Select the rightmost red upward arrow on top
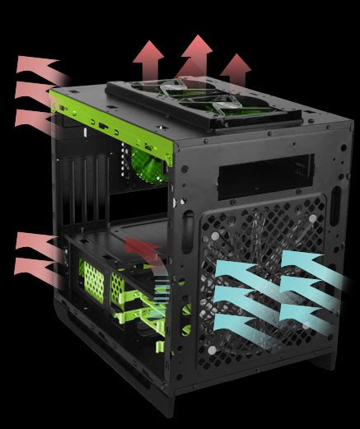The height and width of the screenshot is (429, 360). tap(236, 70)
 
